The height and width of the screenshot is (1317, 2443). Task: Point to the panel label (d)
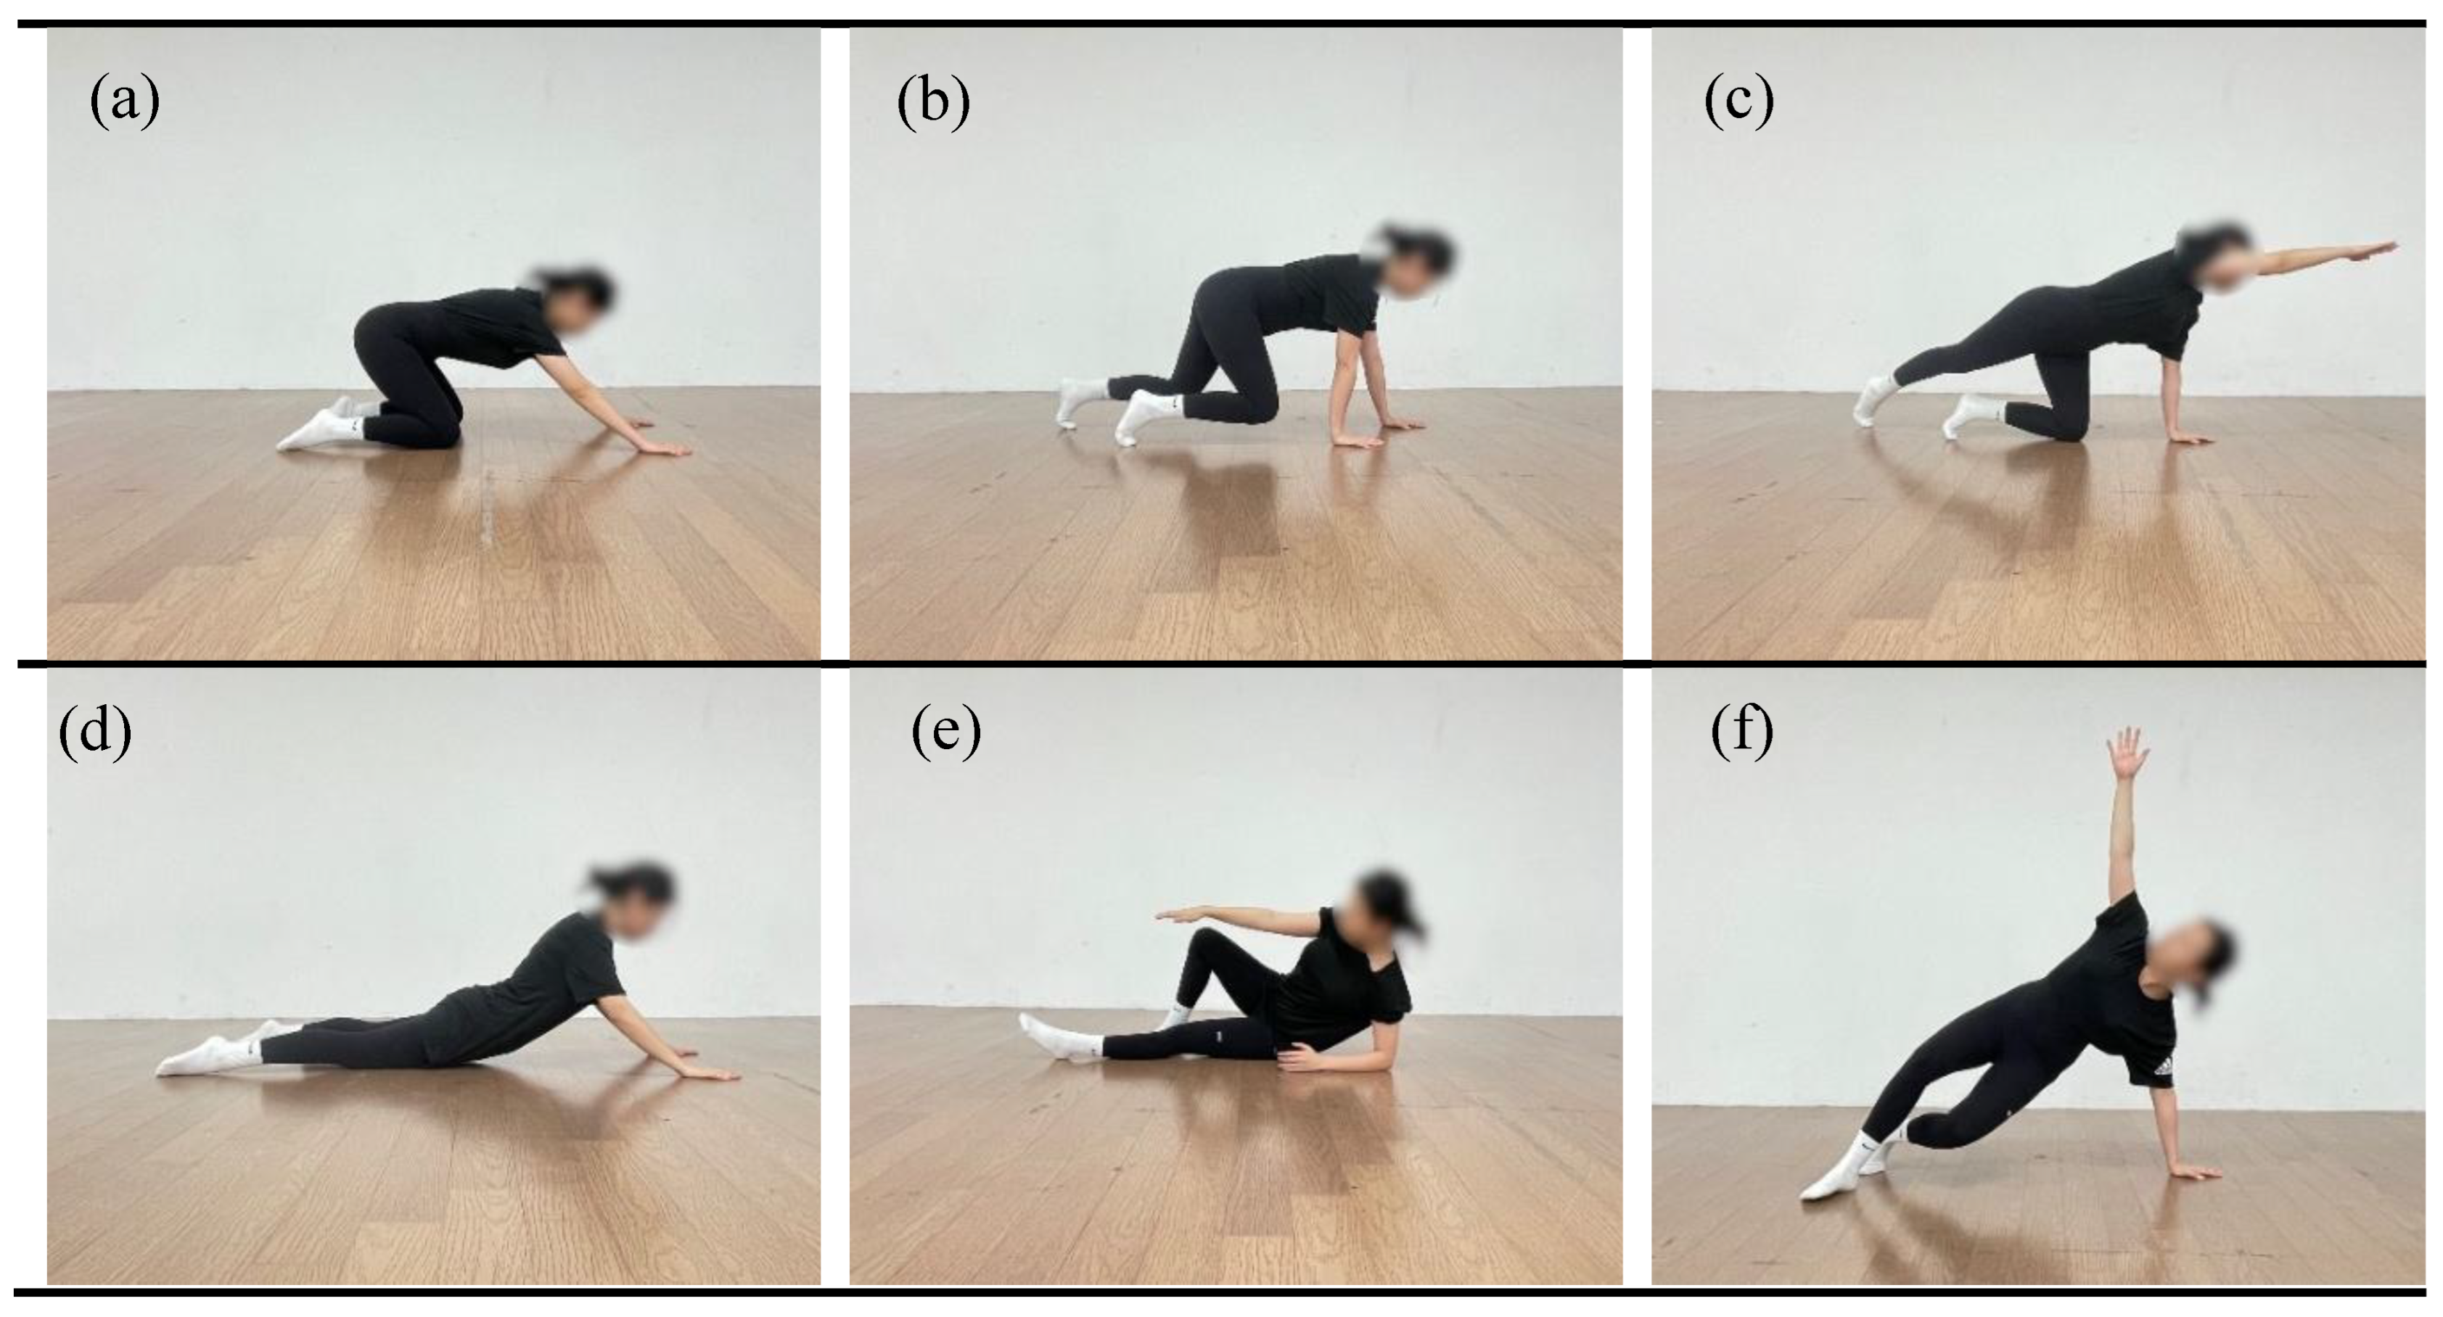[x=95, y=731]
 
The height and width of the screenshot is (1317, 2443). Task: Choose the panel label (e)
[x=945, y=731]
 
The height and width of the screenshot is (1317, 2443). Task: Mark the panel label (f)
[x=1742, y=731]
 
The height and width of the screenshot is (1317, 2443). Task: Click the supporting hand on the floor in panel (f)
[x=2190, y=1171]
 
